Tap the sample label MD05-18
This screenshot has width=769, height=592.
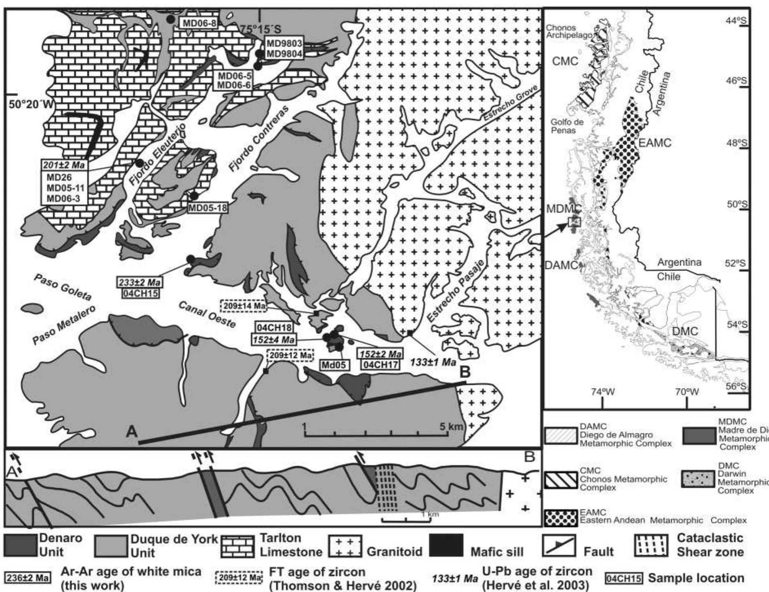pos(207,208)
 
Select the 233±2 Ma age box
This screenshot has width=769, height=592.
pos(139,282)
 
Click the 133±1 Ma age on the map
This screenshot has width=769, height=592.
pos(433,362)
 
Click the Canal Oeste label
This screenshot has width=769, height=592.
pos(207,315)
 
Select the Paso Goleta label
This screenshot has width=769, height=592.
pos(63,287)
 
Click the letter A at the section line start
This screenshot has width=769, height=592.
pos(132,431)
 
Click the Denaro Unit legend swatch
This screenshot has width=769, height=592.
pos(20,545)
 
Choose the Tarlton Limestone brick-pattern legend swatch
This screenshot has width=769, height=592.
pos(239,546)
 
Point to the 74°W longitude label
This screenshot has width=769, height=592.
pos(603,391)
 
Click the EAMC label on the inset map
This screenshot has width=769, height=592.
pos(655,143)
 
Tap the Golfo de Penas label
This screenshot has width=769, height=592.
pos(567,126)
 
